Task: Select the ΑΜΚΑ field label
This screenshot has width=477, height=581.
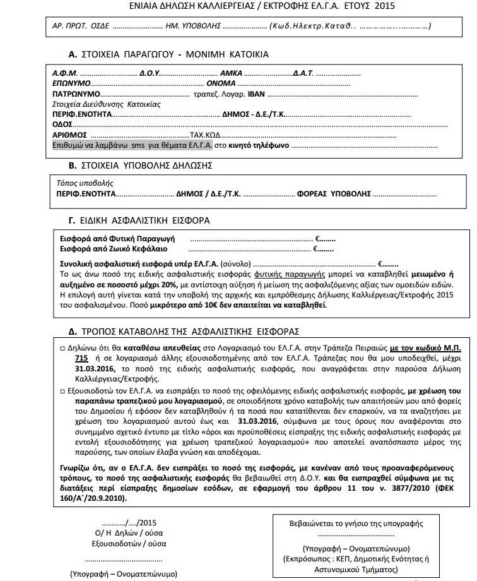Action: pos(237,73)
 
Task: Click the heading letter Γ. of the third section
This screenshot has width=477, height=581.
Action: pos(71,220)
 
